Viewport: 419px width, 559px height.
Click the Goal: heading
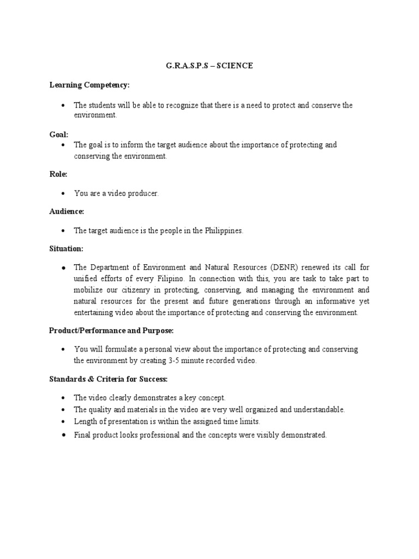[59, 134]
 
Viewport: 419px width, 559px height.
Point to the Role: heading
[58, 174]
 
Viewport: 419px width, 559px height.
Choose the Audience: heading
[67, 211]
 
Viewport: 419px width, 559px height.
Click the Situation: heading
[66, 248]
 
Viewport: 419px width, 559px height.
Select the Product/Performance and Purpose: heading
[111, 331]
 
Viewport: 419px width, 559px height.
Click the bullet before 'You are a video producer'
[64, 194]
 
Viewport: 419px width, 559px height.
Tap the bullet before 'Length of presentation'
[64, 422]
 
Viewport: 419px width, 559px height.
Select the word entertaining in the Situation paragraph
[94, 313]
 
